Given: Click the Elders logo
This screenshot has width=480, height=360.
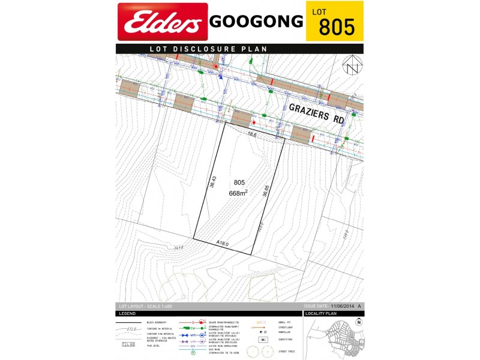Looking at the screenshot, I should coord(163,22).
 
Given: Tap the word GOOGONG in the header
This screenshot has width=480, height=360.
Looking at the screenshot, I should coord(256,22).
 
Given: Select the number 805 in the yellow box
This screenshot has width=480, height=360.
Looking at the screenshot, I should coord(337,28).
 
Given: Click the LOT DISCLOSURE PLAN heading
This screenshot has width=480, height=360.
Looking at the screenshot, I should coord(208,49).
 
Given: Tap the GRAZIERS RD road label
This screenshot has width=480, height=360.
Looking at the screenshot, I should coord(317,113).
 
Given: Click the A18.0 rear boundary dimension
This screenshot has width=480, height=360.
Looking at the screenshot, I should coord(223,243).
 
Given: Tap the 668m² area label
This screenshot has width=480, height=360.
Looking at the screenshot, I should coord(238,193).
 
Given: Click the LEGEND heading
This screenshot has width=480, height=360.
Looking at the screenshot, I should coord(127,313).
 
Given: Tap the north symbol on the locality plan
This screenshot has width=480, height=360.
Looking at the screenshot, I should coord(359,322).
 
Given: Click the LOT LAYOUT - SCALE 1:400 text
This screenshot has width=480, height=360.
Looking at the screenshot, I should coord(145,305).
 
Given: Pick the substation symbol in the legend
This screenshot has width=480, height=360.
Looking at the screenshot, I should coord(263,339).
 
